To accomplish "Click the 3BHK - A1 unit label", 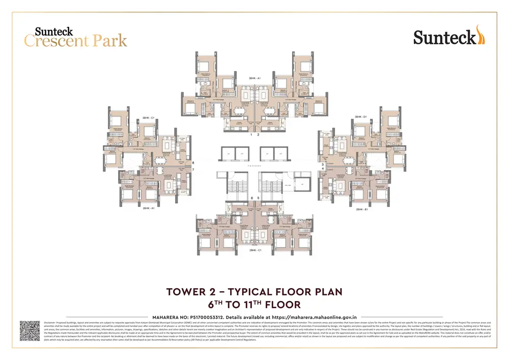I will point(254,78).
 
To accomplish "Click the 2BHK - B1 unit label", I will point(362,209).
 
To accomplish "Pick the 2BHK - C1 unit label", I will point(255,251).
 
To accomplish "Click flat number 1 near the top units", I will point(251,135).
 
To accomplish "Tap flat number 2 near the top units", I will point(258,135).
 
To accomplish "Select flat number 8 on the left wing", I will point(193,163).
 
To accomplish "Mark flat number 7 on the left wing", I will point(193,170).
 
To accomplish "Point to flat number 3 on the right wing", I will point(322,164).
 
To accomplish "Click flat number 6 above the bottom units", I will point(251,198).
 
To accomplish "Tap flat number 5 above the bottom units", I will point(258,198).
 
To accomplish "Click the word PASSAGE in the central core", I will point(254,166).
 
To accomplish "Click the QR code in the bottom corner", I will point(30,330).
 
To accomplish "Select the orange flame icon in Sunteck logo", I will point(480,35).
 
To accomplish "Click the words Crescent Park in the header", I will point(75,41).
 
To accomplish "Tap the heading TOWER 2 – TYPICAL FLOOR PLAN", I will point(254,292).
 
